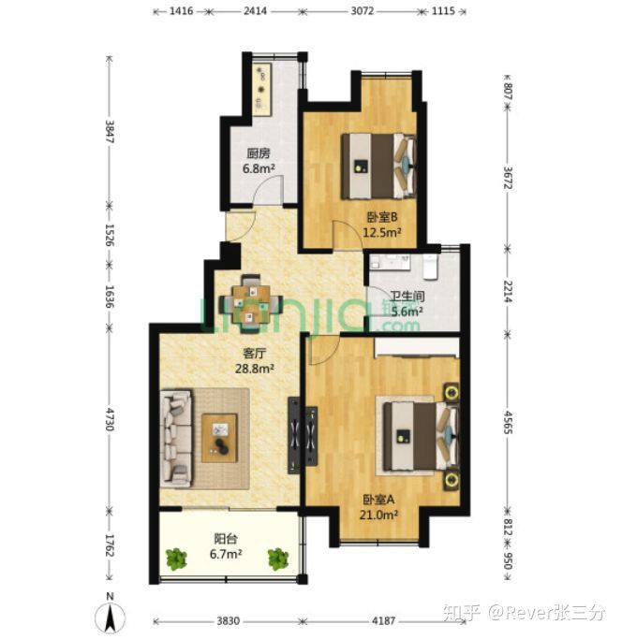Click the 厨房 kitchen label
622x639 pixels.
259,154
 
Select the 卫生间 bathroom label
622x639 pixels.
408,297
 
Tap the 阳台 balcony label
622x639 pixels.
225,539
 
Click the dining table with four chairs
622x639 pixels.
249,301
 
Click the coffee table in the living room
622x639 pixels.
221,434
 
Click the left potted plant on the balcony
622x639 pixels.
176,559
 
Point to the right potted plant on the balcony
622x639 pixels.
278,559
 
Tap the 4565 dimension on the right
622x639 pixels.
509,417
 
